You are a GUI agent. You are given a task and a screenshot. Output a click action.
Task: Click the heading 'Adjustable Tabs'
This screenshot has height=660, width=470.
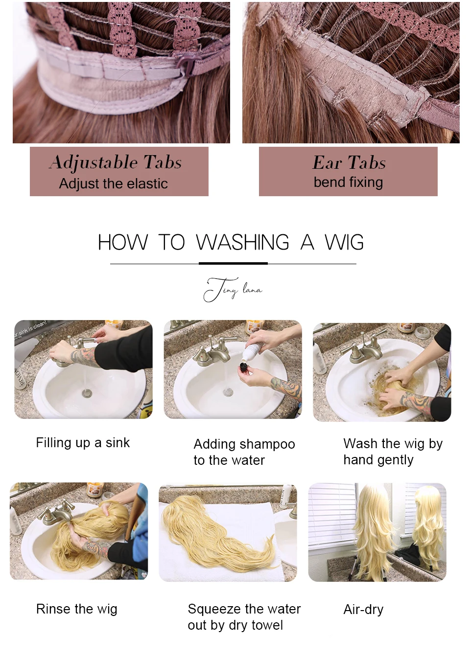pyautogui.click(x=115, y=162)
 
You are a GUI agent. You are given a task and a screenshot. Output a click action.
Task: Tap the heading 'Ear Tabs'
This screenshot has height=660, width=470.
pyautogui.click(x=349, y=162)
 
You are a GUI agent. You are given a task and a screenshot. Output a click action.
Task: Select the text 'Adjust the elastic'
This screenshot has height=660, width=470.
pyautogui.click(x=114, y=183)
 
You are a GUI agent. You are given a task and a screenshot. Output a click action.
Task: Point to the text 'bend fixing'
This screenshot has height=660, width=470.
pyautogui.click(x=348, y=182)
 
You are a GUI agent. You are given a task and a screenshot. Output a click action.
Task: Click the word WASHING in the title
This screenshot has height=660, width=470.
pyautogui.click(x=243, y=242)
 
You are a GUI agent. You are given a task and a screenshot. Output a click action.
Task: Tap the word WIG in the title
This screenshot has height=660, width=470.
pyautogui.click(x=344, y=242)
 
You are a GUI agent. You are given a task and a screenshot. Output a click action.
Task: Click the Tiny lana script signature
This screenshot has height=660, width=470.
pyautogui.click(x=233, y=290)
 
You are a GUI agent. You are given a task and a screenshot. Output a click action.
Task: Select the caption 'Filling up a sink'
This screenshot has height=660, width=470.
pyautogui.click(x=83, y=443)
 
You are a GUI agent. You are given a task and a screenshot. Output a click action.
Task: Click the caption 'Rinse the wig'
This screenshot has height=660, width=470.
pyautogui.click(x=77, y=609)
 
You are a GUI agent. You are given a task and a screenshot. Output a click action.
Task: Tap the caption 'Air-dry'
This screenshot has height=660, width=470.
pyautogui.click(x=363, y=609)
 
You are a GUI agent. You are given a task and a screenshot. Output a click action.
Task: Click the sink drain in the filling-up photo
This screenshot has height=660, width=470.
pyautogui.click(x=87, y=393)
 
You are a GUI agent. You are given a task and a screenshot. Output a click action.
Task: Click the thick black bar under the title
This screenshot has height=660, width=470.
pyautogui.click(x=233, y=263)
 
